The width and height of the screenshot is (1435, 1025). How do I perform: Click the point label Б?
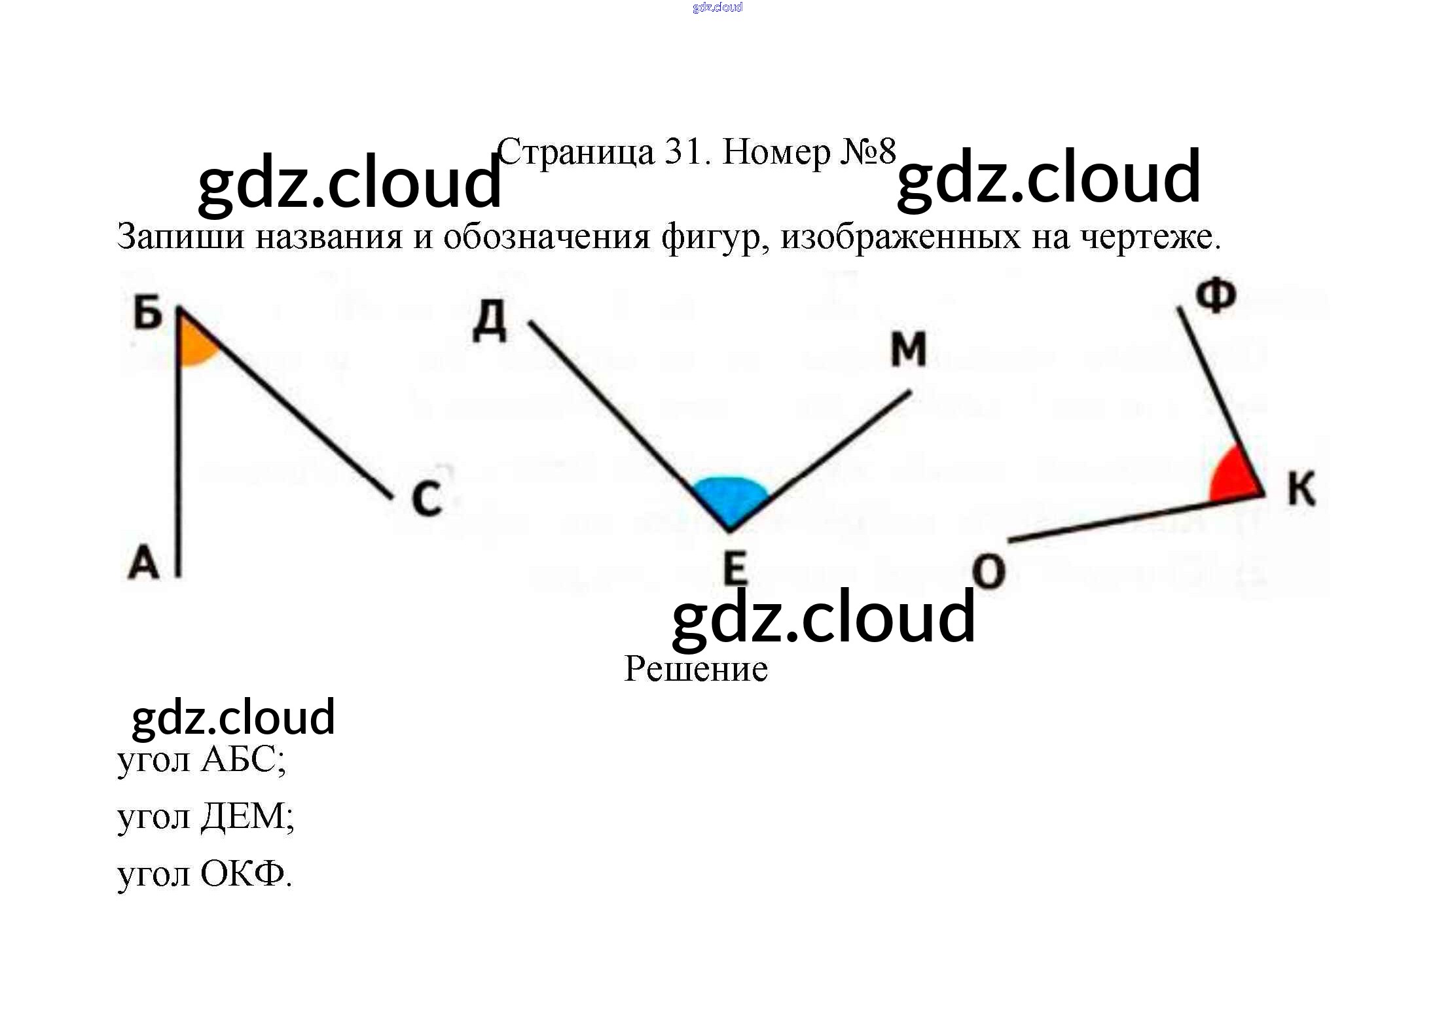tap(148, 312)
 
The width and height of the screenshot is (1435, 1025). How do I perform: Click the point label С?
tap(427, 499)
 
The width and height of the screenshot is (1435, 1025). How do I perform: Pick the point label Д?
tap(490, 321)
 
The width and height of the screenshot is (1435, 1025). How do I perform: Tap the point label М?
tap(909, 349)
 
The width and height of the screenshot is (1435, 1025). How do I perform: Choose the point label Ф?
tap(1216, 296)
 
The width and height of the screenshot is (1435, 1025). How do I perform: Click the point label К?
tap(1301, 488)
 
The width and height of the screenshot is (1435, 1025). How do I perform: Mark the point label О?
tap(989, 571)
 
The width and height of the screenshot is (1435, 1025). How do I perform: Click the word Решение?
tap(696, 670)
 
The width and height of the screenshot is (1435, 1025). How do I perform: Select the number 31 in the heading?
tap(685, 152)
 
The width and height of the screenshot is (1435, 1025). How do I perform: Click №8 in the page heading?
tap(868, 152)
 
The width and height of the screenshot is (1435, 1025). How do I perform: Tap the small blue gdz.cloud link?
tap(717, 7)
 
